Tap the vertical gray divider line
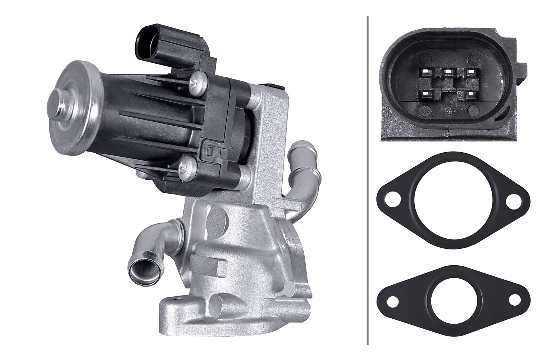(367, 180)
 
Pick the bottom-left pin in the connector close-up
(425, 93)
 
